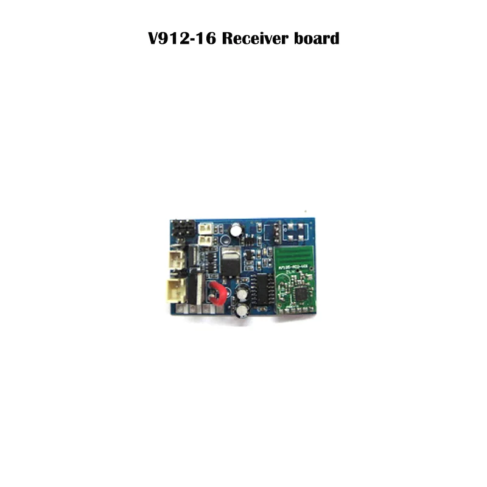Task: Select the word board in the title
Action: click(315, 40)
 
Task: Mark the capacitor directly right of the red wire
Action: click(242, 292)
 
